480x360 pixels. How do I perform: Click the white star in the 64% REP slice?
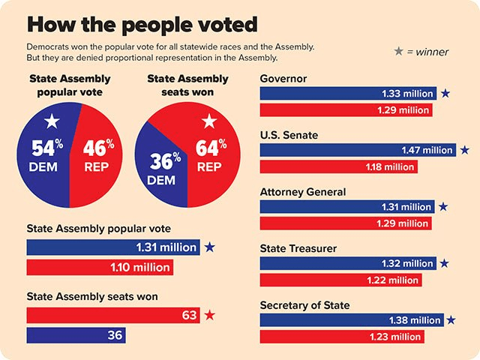209,121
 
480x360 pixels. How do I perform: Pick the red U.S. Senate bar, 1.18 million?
338,166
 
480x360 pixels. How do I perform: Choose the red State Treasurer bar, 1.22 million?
340,280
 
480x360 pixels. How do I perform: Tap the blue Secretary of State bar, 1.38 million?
352,320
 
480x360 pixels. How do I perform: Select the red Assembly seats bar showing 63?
113,315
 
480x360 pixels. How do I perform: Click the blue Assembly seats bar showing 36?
76,334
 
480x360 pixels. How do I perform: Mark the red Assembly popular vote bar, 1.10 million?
100,266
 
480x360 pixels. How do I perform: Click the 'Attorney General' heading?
302,192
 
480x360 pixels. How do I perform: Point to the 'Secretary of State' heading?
304,305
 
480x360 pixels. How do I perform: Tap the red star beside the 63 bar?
210,315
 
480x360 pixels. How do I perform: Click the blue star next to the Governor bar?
445,94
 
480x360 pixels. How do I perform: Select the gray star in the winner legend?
398,52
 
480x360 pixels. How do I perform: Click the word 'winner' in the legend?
433,52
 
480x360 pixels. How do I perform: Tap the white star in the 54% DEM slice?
52,121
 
